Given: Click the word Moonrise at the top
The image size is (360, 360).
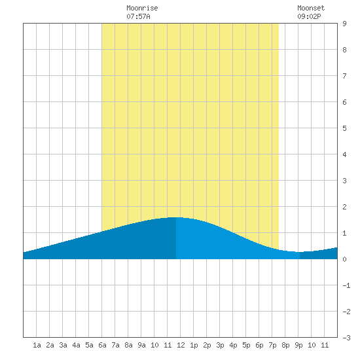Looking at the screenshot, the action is (142, 8).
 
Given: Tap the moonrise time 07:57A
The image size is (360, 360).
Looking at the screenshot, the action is (138, 16).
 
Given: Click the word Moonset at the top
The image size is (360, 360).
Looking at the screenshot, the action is (311, 8).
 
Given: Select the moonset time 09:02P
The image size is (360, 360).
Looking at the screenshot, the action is (309, 16).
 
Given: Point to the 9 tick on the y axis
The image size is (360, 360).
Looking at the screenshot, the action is (344, 24).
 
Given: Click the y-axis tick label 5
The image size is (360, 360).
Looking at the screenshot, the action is (344, 128).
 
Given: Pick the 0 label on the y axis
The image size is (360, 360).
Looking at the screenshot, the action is (344, 259).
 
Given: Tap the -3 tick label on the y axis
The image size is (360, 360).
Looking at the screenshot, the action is (346, 338).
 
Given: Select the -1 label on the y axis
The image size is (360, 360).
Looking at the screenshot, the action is (346, 285).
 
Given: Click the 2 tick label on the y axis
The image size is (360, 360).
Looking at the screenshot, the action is (344, 207).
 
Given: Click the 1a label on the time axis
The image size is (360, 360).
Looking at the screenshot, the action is (37, 345).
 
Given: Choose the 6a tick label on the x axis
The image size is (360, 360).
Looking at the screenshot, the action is (102, 345).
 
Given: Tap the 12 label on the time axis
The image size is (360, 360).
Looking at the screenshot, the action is (181, 345).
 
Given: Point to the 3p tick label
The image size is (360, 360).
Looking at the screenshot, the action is (220, 345).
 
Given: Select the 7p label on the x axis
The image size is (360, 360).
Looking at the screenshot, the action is (272, 345).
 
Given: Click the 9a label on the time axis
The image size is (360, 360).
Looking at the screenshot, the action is (141, 345).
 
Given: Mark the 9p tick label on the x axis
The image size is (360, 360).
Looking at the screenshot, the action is (298, 345).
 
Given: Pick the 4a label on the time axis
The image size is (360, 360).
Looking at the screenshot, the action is (76, 345).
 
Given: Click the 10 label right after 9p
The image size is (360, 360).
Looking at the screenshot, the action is (312, 345).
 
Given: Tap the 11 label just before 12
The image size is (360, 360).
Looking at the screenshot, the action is (168, 345).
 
